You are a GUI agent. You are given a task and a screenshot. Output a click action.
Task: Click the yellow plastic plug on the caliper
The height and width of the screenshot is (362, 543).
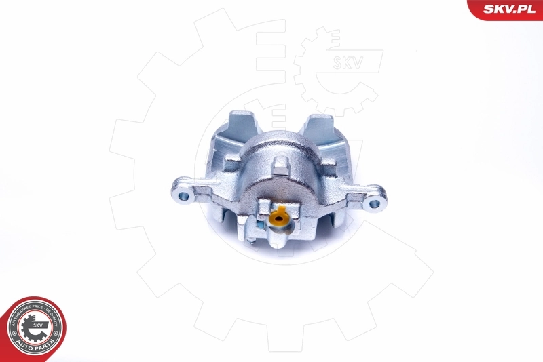[x=277, y=218]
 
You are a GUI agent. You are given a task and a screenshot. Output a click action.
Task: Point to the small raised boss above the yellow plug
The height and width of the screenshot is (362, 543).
[x=280, y=167]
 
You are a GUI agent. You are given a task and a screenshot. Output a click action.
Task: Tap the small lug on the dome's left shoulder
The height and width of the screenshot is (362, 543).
[x=231, y=163]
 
